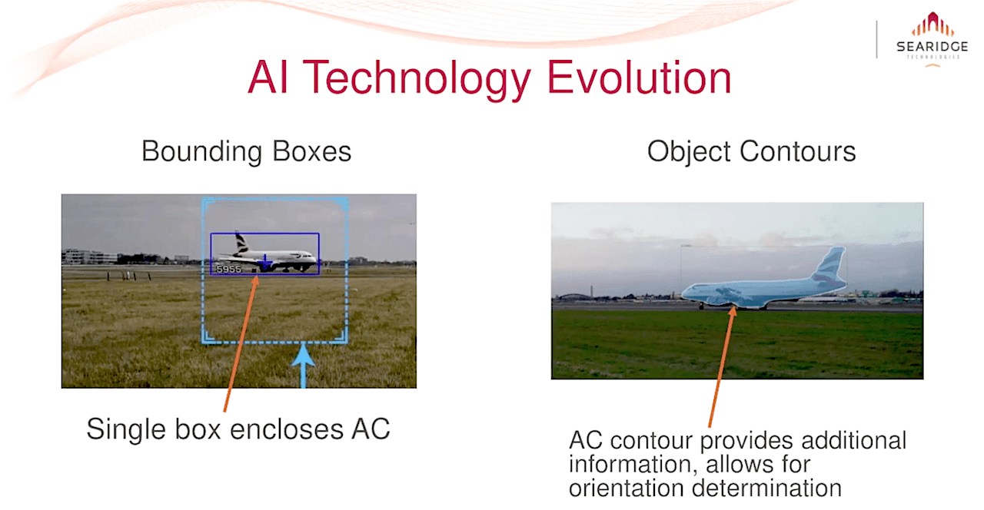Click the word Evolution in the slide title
pyautogui.click(x=639, y=78)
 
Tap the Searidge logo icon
pyautogui.click(x=932, y=25)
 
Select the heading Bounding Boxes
pyautogui.click(x=247, y=151)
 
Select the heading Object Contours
pyautogui.click(x=751, y=151)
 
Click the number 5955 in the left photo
pyautogui.click(x=228, y=269)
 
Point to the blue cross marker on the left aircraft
pyautogui.click(x=264, y=263)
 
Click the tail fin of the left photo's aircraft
pyautogui.click(x=241, y=243)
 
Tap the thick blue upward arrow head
pyautogui.click(x=303, y=355)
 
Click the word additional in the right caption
pyautogui.click(x=853, y=440)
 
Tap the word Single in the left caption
pyautogui.click(x=126, y=429)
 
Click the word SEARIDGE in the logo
pyautogui.click(x=932, y=47)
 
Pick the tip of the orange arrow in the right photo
pyautogui.click(x=733, y=306)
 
